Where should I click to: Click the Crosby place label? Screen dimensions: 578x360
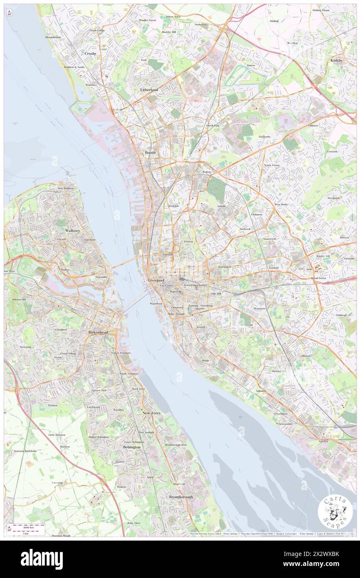(x=90, y=53)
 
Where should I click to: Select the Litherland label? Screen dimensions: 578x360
(x=149, y=90)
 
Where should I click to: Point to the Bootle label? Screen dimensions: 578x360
(x=150, y=153)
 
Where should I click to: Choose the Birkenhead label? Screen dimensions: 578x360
(x=99, y=333)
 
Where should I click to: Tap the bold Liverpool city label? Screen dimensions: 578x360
(x=156, y=281)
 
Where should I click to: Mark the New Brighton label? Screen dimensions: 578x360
(x=65, y=189)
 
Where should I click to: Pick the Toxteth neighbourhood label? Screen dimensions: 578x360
(x=201, y=327)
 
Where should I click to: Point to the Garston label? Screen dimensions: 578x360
(x=323, y=441)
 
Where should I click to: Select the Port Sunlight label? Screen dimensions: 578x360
(x=146, y=432)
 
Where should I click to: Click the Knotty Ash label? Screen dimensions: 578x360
(x=323, y=256)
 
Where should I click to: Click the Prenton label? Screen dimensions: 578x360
(x=53, y=405)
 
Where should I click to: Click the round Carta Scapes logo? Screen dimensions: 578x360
(x=335, y=512)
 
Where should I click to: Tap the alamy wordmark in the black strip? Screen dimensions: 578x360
(x=42, y=559)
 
